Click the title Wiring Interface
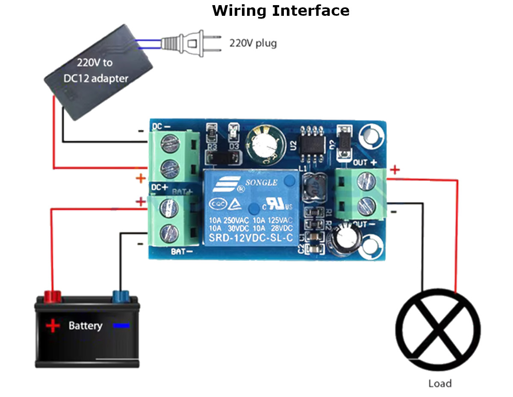click(x=280, y=11)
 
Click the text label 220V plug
click(x=253, y=43)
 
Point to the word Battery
click(x=85, y=326)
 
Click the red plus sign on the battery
click(x=53, y=326)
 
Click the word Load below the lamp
click(x=440, y=383)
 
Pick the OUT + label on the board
click(x=365, y=162)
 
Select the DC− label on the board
click(x=161, y=127)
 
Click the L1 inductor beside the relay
click(x=312, y=188)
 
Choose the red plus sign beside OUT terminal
click(x=395, y=170)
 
